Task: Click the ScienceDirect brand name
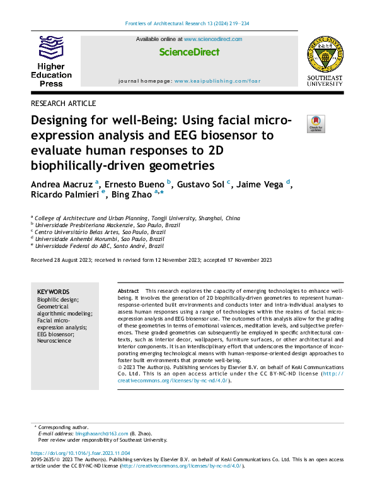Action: [x=189, y=52]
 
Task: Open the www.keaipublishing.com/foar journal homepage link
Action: [x=216, y=81]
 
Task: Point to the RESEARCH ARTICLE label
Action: [x=63, y=103]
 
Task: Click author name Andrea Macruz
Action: [x=62, y=184]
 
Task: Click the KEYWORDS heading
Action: [x=54, y=292]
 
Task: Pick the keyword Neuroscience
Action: [x=55, y=341]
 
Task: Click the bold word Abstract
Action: [x=129, y=290]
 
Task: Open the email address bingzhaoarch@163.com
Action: [x=101, y=434]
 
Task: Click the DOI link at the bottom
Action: [x=81, y=454]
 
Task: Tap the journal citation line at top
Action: [x=187, y=24]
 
